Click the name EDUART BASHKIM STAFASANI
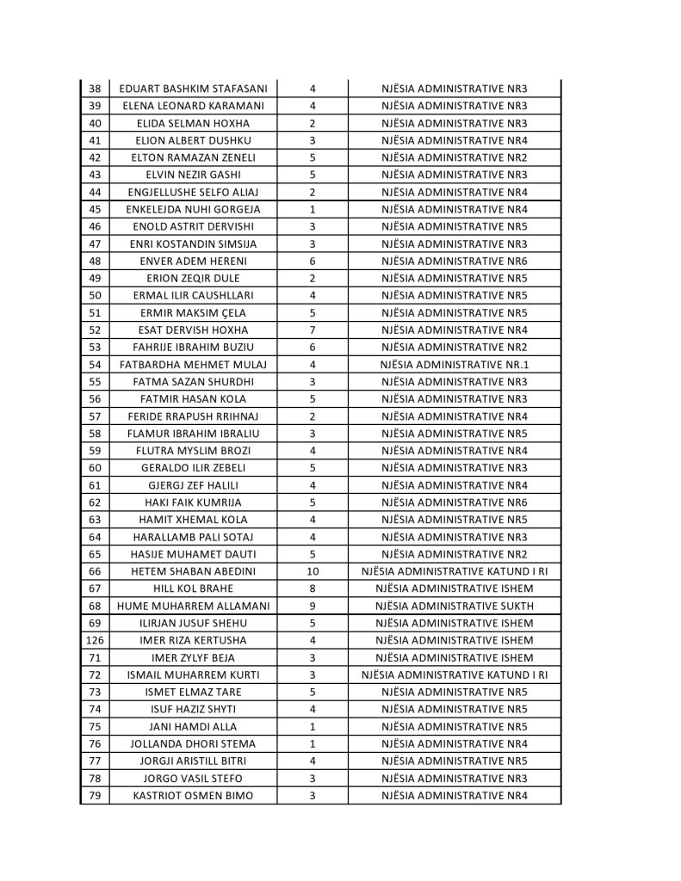click(x=193, y=89)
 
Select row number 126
click(x=95, y=640)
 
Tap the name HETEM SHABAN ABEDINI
click(x=193, y=571)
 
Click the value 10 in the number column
click(x=312, y=571)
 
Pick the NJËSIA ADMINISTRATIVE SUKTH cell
click(x=455, y=606)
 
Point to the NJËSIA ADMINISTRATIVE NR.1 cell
click(x=455, y=365)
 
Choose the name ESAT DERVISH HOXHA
click(x=193, y=330)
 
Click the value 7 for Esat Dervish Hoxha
click(x=312, y=330)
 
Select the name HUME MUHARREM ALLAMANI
click(x=193, y=606)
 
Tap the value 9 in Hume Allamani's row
click(x=312, y=606)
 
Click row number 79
click(x=95, y=796)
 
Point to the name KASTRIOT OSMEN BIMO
click(x=193, y=796)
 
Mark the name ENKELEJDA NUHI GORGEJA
click(x=193, y=209)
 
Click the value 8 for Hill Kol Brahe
click(x=312, y=588)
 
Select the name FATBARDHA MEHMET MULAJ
click(x=193, y=365)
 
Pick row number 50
click(x=95, y=295)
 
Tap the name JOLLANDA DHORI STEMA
click(x=193, y=743)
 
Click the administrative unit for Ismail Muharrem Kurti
click(x=455, y=675)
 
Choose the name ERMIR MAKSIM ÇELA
click(x=193, y=312)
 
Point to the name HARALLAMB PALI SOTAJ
click(x=193, y=537)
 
